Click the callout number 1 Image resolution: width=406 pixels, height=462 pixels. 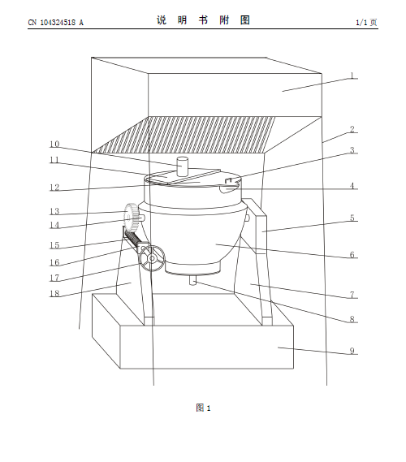click(352, 76)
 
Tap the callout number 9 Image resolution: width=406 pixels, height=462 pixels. click(352, 351)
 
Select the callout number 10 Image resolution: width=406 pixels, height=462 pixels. click(54, 144)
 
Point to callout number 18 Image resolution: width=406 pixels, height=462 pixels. click(54, 293)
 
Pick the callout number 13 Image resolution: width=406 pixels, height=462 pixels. click(54, 211)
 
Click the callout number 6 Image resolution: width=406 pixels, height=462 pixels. click(352, 255)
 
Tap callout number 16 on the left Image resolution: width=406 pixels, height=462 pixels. click(54, 262)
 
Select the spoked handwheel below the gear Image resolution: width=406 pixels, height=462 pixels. click(152, 258)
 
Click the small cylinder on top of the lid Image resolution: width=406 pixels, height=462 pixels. click(182, 166)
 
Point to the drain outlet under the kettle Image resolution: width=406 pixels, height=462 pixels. click(193, 280)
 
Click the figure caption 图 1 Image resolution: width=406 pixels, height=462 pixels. click(203, 408)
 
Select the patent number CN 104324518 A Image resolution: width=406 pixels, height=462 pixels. click(56, 23)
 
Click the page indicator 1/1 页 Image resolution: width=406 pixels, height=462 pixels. click(366, 23)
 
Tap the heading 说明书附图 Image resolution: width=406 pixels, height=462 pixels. click(203, 20)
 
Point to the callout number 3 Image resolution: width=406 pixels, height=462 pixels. click(352, 150)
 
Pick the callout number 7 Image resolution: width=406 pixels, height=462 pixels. click(352, 295)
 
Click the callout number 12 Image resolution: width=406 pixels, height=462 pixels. click(54, 188)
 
